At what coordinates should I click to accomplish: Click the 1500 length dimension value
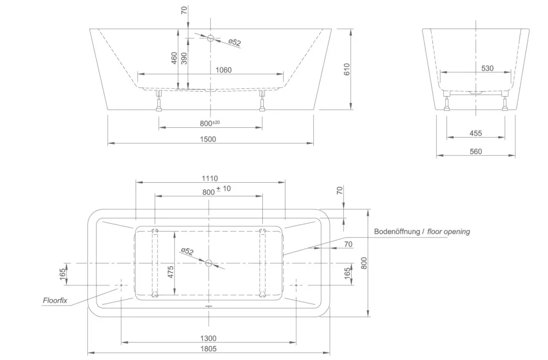point(208,139)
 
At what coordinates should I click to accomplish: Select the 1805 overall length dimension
point(208,348)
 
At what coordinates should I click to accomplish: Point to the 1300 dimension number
point(208,338)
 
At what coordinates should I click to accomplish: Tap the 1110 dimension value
point(210,178)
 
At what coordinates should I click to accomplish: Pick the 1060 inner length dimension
point(223,70)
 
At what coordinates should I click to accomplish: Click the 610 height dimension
point(347,70)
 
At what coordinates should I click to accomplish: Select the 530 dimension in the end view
point(487,68)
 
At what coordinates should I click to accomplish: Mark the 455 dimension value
point(476,133)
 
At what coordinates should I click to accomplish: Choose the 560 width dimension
point(476,151)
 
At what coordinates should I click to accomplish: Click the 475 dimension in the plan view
point(171,272)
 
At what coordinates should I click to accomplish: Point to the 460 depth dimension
point(174,58)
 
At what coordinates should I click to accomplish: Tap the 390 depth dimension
point(184,58)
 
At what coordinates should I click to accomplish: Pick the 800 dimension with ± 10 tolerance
point(216,190)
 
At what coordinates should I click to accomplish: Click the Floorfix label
point(55,300)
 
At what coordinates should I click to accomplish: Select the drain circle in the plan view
point(208,263)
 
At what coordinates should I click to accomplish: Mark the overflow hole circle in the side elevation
point(210,38)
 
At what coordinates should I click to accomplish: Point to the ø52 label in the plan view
point(187,252)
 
